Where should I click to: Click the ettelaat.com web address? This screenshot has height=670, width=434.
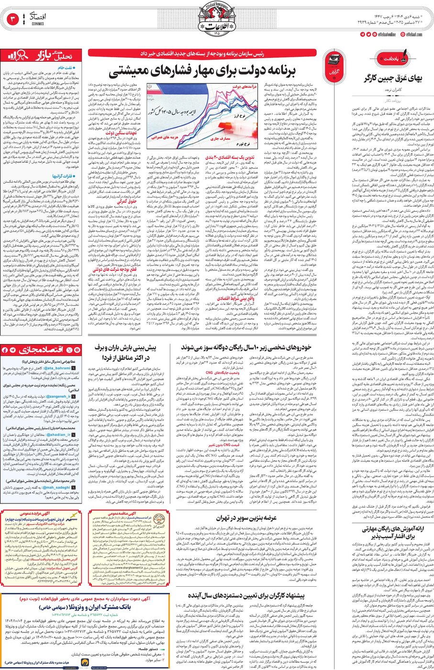coord(413,34)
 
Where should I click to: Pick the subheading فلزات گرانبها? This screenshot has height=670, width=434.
coord(68,176)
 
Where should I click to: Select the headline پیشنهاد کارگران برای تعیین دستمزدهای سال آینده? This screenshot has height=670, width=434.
coord(246,596)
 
